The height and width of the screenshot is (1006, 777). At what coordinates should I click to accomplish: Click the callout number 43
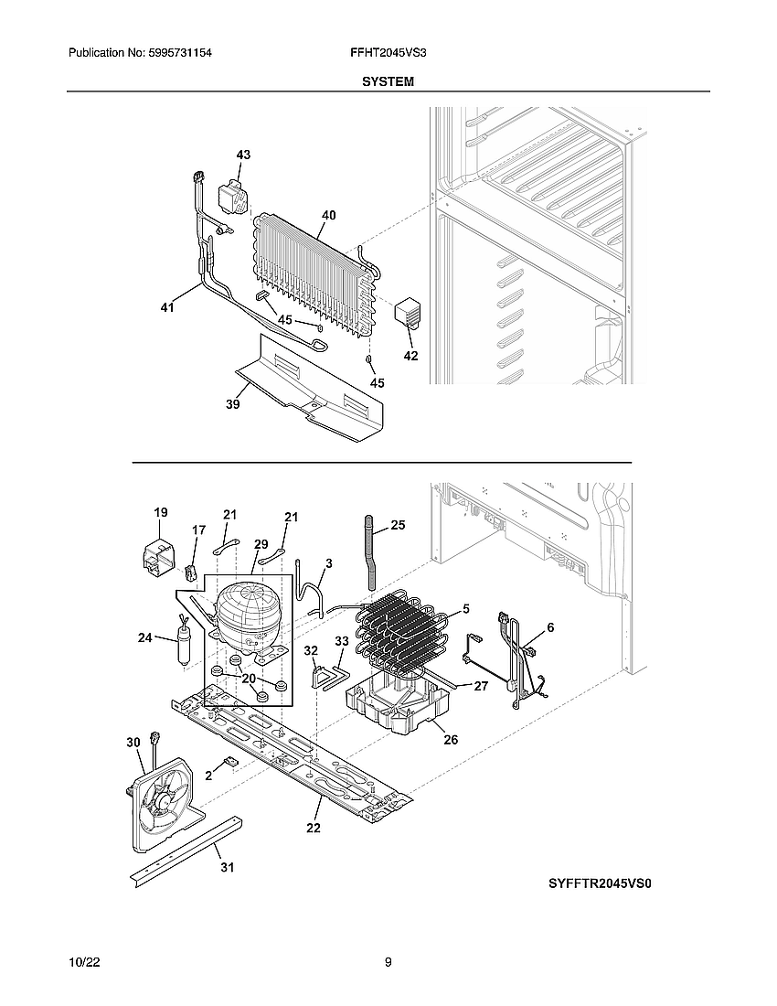coord(243,155)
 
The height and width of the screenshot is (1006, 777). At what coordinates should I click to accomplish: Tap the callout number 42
coord(410,356)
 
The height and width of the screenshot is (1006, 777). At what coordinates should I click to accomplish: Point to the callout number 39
coord(233,404)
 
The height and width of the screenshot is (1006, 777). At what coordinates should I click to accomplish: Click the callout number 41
coord(166,308)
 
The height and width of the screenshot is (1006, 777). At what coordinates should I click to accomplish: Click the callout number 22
coord(314,829)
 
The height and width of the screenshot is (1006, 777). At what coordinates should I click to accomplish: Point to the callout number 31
coord(227,867)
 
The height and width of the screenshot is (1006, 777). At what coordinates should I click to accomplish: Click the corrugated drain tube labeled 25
coord(369,553)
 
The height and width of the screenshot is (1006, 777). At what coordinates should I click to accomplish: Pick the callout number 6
coord(550,626)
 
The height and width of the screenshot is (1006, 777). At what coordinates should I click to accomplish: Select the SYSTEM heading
coord(388,81)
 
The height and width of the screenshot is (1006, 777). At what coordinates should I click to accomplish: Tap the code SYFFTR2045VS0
coord(601,883)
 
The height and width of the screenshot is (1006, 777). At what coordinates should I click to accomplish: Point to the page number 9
coord(388,962)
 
